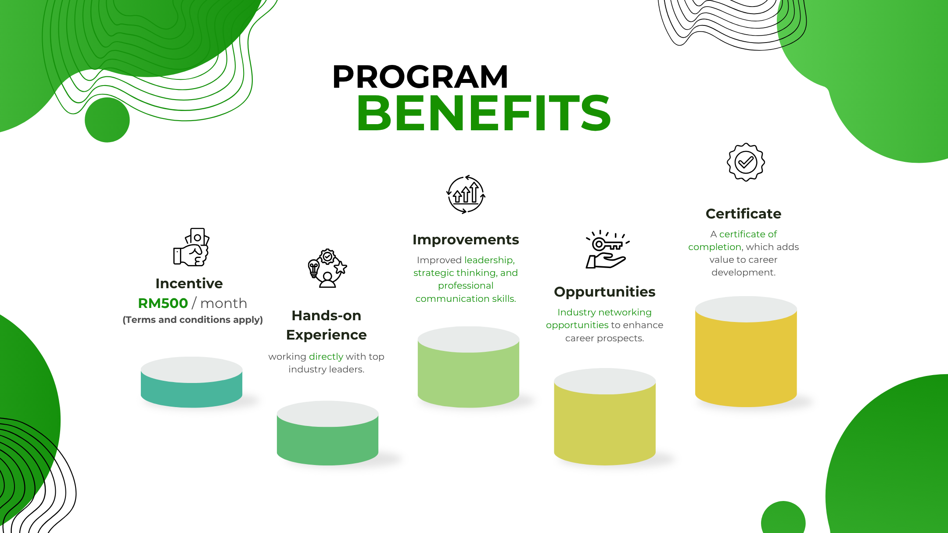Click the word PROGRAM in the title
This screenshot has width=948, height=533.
[x=420, y=77]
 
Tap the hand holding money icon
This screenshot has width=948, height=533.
[x=191, y=247]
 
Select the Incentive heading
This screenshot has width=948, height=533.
[x=189, y=283]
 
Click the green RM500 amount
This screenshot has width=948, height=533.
[x=163, y=303]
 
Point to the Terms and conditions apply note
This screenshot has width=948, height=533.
[x=193, y=320]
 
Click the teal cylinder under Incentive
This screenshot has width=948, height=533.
[x=191, y=382]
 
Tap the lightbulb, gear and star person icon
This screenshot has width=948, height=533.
[x=327, y=268]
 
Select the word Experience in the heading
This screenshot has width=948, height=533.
[x=327, y=335]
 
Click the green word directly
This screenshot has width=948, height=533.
[x=326, y=356]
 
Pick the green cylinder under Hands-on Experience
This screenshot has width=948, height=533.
[x=327, y=433]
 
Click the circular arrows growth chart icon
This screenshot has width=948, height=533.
[x=466, y=194]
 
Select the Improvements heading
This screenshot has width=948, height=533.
[x=466, y=240]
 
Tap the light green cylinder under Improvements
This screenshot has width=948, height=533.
[x=468, y=367]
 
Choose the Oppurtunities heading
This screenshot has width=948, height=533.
[x=605, y=292]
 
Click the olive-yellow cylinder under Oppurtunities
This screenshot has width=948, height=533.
[x=605, y=417]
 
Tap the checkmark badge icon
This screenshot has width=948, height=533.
[x=746, y=162]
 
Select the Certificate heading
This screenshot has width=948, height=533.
[x=743, y=214]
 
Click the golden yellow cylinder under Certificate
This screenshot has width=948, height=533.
[x=746, y=351]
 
